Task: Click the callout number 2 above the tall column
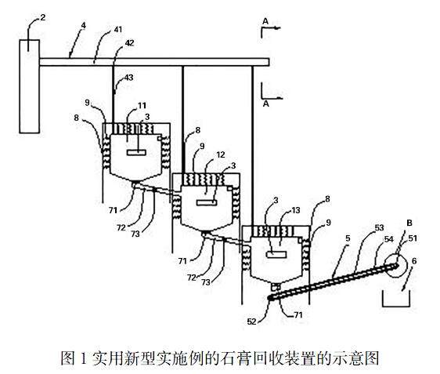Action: coord(42,18)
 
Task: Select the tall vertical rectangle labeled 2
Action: coord(29,86)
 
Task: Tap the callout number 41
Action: coord(118,29)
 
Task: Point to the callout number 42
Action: coord(129,43)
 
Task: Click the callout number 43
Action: coord(128,78)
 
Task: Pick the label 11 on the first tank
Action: coord(142,105)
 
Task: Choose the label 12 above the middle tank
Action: coord(221,154)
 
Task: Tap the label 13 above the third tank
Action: coord(296,210)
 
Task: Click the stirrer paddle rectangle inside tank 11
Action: coord(136,152)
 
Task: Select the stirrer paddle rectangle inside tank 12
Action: coord(207,202)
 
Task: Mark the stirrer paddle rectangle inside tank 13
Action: coord(276,255)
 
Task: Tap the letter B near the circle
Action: coord(409,223)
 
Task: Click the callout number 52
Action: coord(252,321)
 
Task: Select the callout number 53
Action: coord(379,227)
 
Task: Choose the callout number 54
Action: coord(388,239)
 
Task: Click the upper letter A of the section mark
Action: coord(265,21)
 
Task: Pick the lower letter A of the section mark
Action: coord(266,103)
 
